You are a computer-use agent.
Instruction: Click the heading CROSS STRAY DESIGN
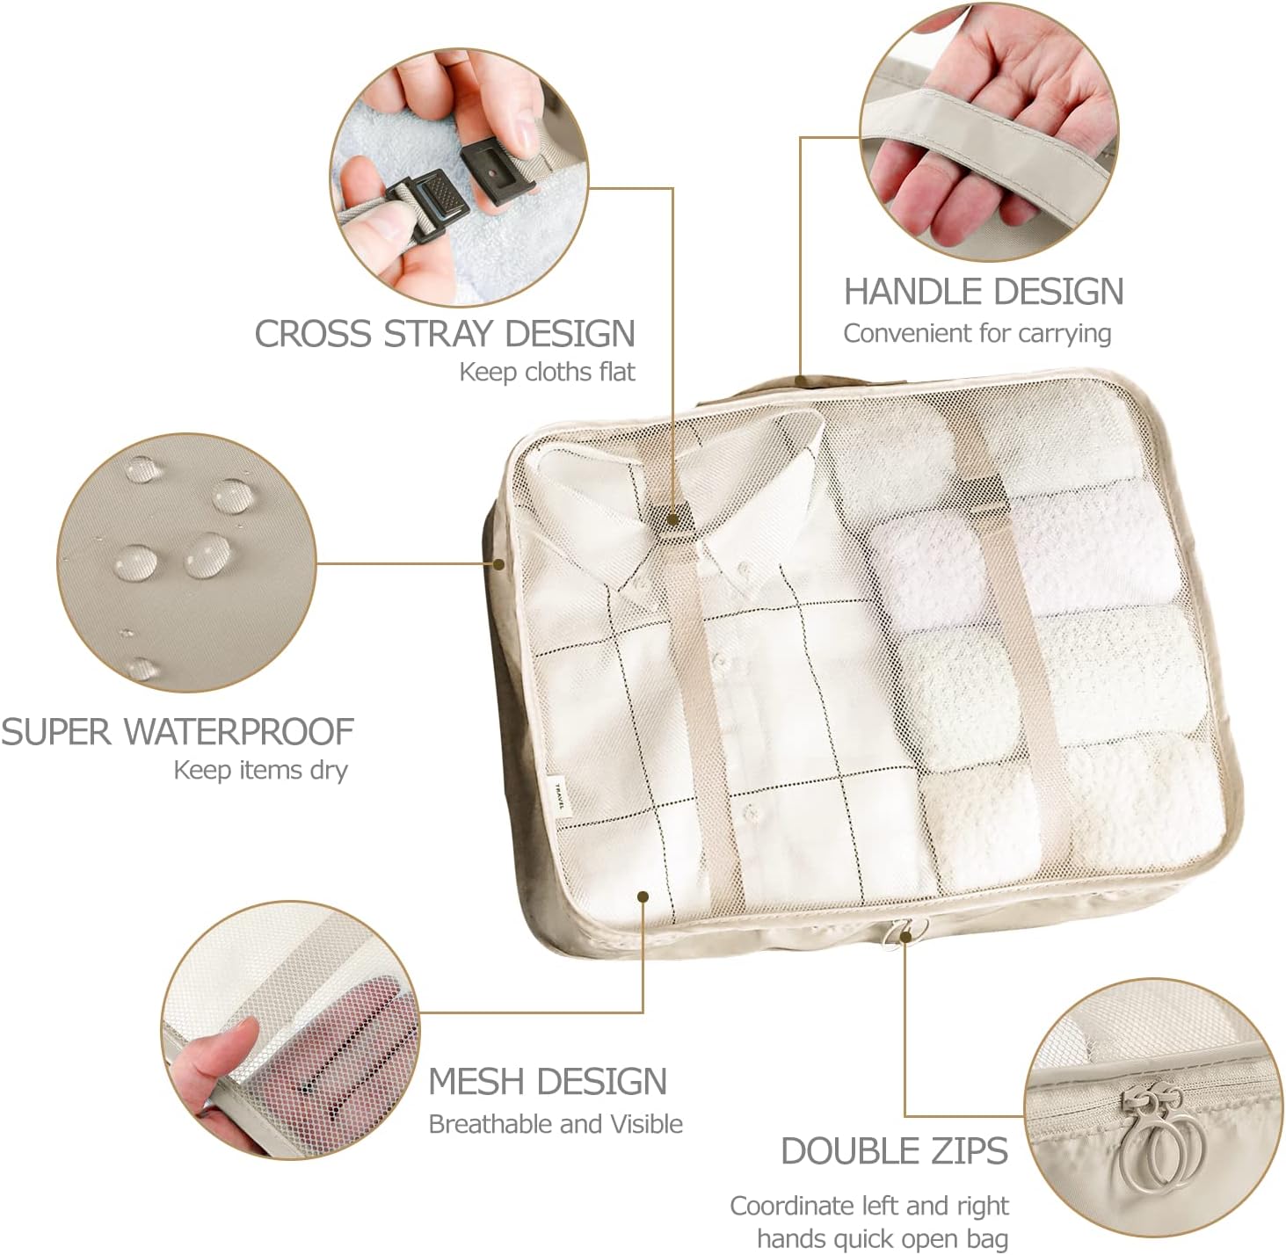tap(444, 334)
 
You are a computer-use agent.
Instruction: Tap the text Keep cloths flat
tap(546, 372)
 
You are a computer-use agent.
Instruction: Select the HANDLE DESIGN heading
tap(983, 292)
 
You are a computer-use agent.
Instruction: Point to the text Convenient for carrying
tap(977, 334)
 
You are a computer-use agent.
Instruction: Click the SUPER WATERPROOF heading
tap(177, 731)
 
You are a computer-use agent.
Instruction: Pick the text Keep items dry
tap(260, 771)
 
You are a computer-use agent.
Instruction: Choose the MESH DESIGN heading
tap(547, 1081)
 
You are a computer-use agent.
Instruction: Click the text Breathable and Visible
tap(555, 1124)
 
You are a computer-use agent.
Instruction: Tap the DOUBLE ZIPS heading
tap(894, 1151)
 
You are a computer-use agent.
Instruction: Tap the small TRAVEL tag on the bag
tap(562, 795)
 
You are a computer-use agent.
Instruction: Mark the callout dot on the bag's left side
tap(499, 563)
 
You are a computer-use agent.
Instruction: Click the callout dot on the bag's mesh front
tap(643, 896)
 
